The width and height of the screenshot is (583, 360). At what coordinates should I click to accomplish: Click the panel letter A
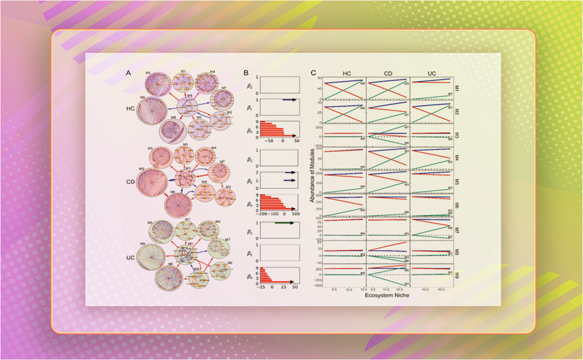coord(128,73)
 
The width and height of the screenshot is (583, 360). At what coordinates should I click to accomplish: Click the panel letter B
coord(246,73)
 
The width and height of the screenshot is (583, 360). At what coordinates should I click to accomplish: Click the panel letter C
coord(313,73)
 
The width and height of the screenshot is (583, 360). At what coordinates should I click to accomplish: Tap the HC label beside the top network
coord(130,108)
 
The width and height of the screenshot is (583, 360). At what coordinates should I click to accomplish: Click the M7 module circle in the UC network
coord(218,248)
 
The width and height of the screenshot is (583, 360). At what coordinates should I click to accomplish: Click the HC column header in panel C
coord(347,73)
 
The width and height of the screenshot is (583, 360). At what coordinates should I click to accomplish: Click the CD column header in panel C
coord(388,73)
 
